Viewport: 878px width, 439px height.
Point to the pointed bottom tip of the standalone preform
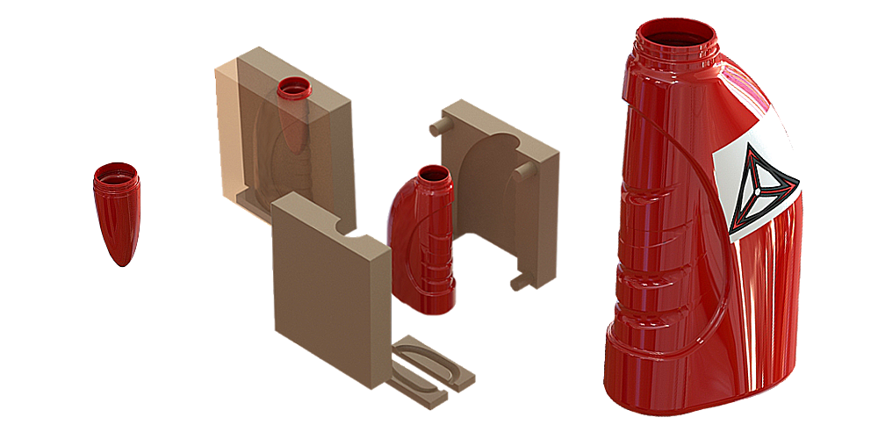tap(120, 262)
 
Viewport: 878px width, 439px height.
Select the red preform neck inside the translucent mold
tap(293, 89)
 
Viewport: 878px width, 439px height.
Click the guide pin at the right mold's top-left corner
tap(434, 126)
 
